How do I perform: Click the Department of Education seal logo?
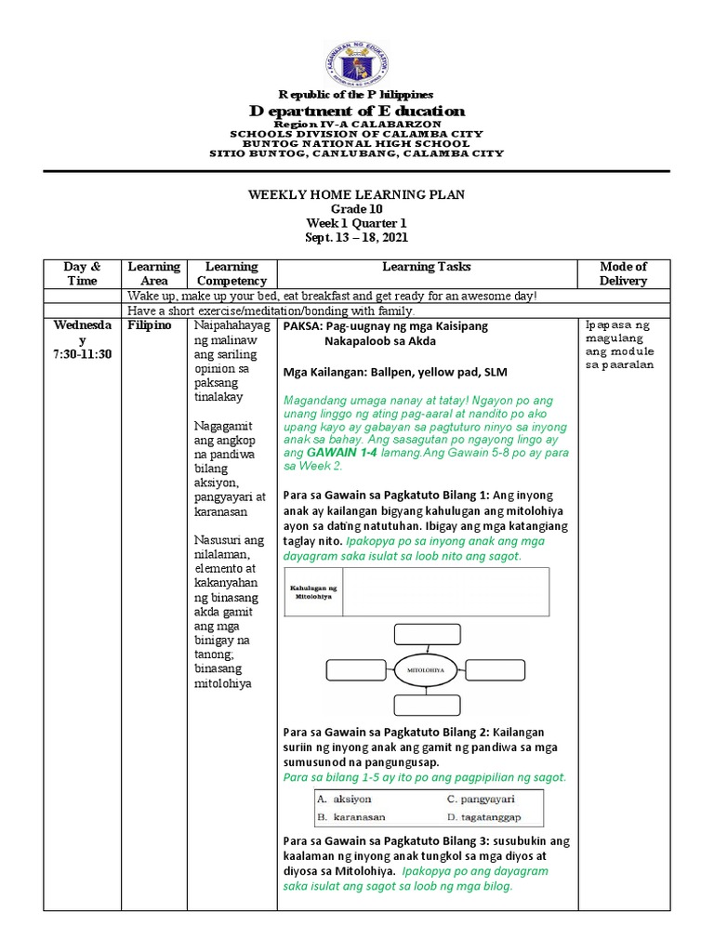[357, 59]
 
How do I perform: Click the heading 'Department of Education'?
[357, 111]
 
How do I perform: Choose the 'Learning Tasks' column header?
[427, 267]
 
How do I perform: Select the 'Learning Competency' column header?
[231, 273]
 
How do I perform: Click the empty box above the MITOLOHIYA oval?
[421, 634]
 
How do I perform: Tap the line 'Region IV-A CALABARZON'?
[357, 124]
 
